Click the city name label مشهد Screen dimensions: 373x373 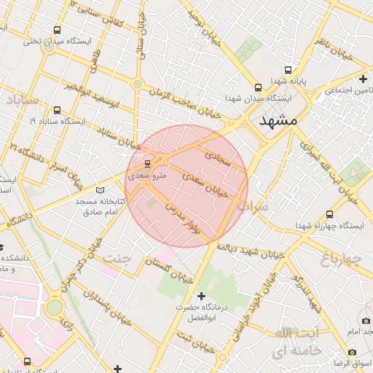[x=279, y=122]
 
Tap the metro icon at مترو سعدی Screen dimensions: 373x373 [x=148, y=163]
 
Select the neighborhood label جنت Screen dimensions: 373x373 [x=117, y=259]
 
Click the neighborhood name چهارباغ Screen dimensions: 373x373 [x=342, y=259]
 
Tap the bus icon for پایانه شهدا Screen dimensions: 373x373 [x=288, y=71]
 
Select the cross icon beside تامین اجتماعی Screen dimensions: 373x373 [x=363, y=79]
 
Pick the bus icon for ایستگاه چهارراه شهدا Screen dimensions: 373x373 [x=329, y=215]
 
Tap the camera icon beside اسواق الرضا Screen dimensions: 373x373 [x=353, y=352]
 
